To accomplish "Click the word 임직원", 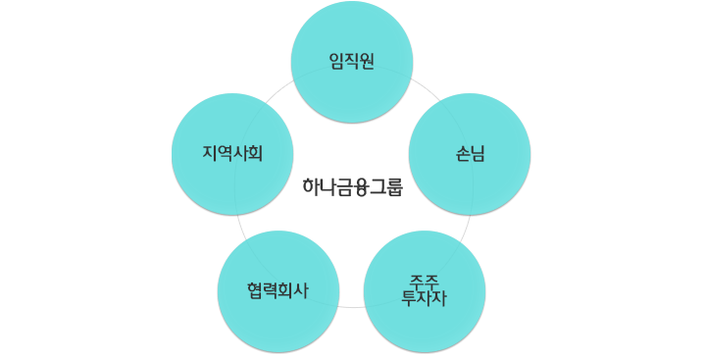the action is point(352,62).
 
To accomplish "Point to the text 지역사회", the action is point(232,154).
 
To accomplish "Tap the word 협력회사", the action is point(277,290).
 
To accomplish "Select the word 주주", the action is point(424,282).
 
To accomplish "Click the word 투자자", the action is point(425,298).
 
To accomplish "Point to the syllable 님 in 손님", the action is point(478,154).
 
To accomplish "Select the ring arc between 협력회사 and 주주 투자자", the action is point(351,306).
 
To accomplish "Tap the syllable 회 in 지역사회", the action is point(254,154).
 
